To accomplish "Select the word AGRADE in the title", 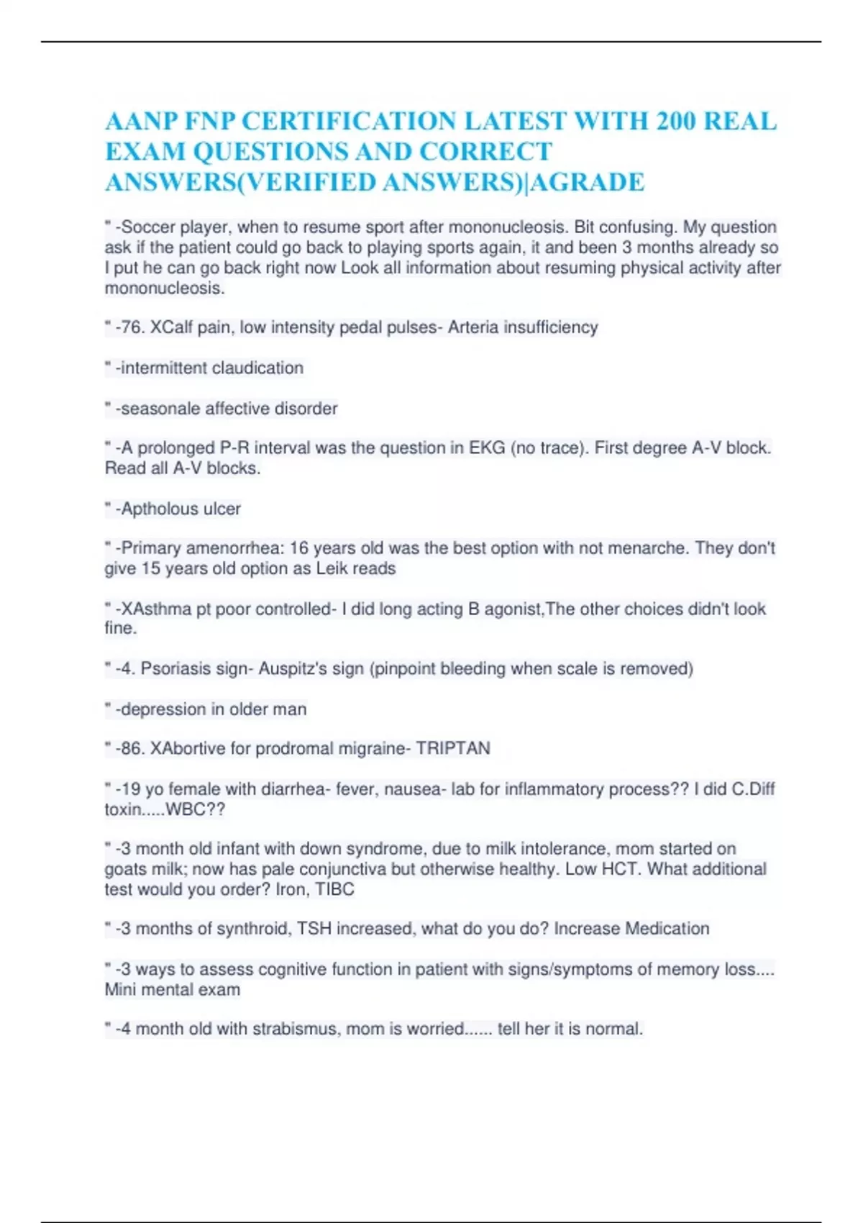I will click(x=588, y=183).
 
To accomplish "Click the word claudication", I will click(x=257, y=368).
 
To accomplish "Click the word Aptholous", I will click(x=159, y=509).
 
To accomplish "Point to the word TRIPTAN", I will click(x=453, y=749).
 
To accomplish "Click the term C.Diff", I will click(x=753, y=789).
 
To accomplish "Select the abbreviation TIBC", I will click(x=335, y=890).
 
